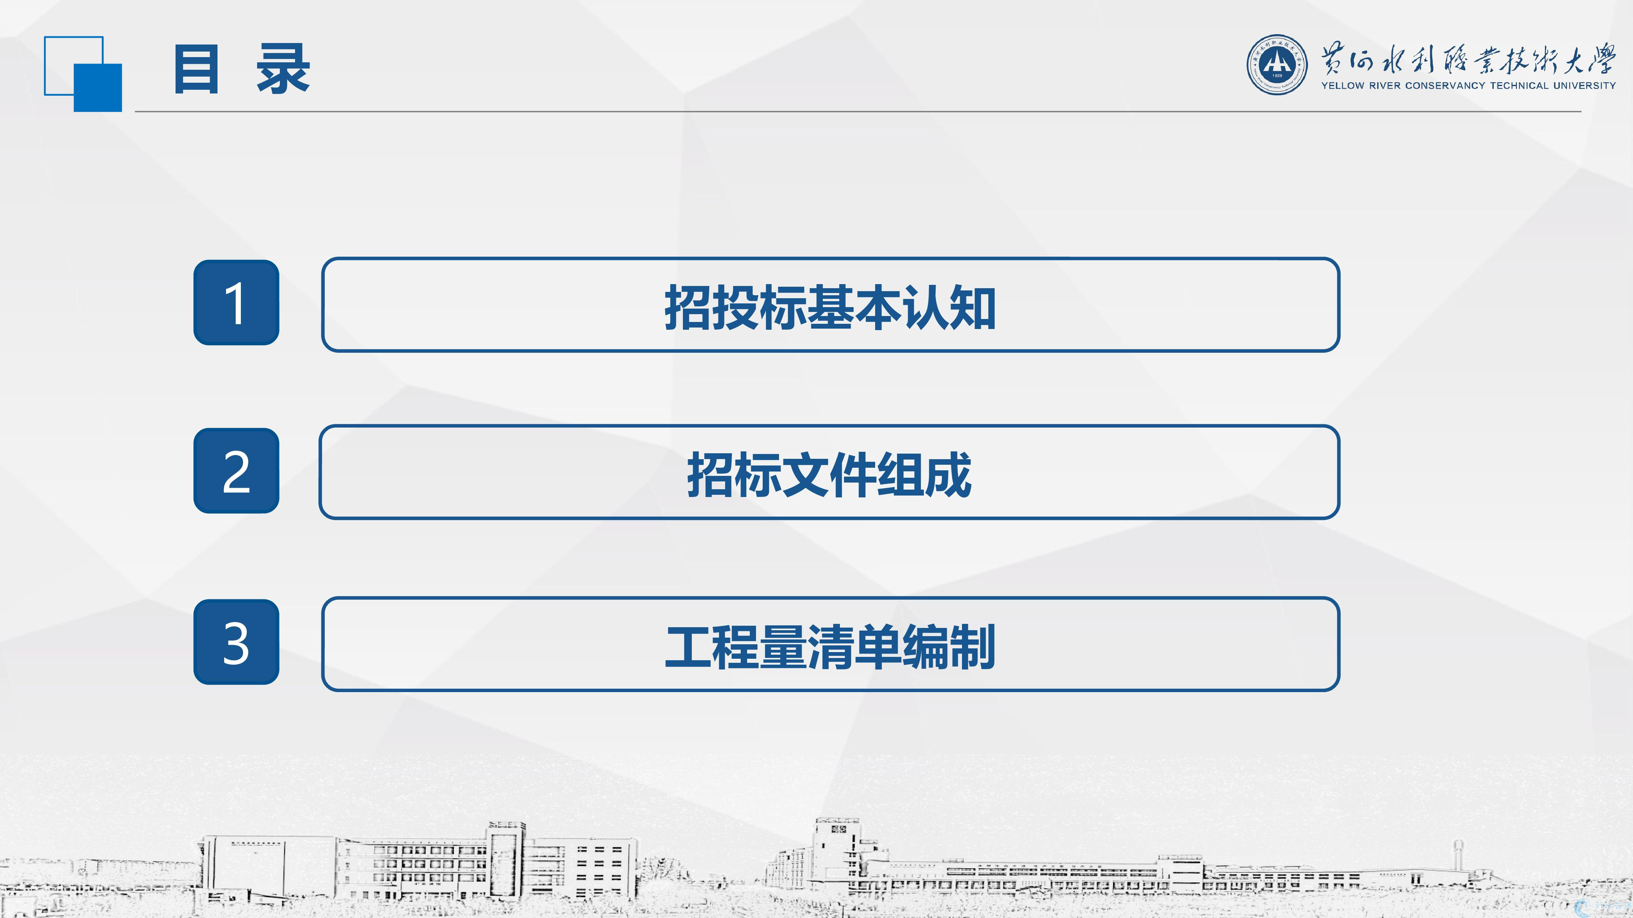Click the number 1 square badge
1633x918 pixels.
[x=236, y=302]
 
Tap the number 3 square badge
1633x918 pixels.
[x=236, y=642]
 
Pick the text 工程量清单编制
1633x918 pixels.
[x=830, y=647]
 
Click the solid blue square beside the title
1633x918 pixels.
[x=98, y=88]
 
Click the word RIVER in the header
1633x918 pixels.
[x=1384, y=86]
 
